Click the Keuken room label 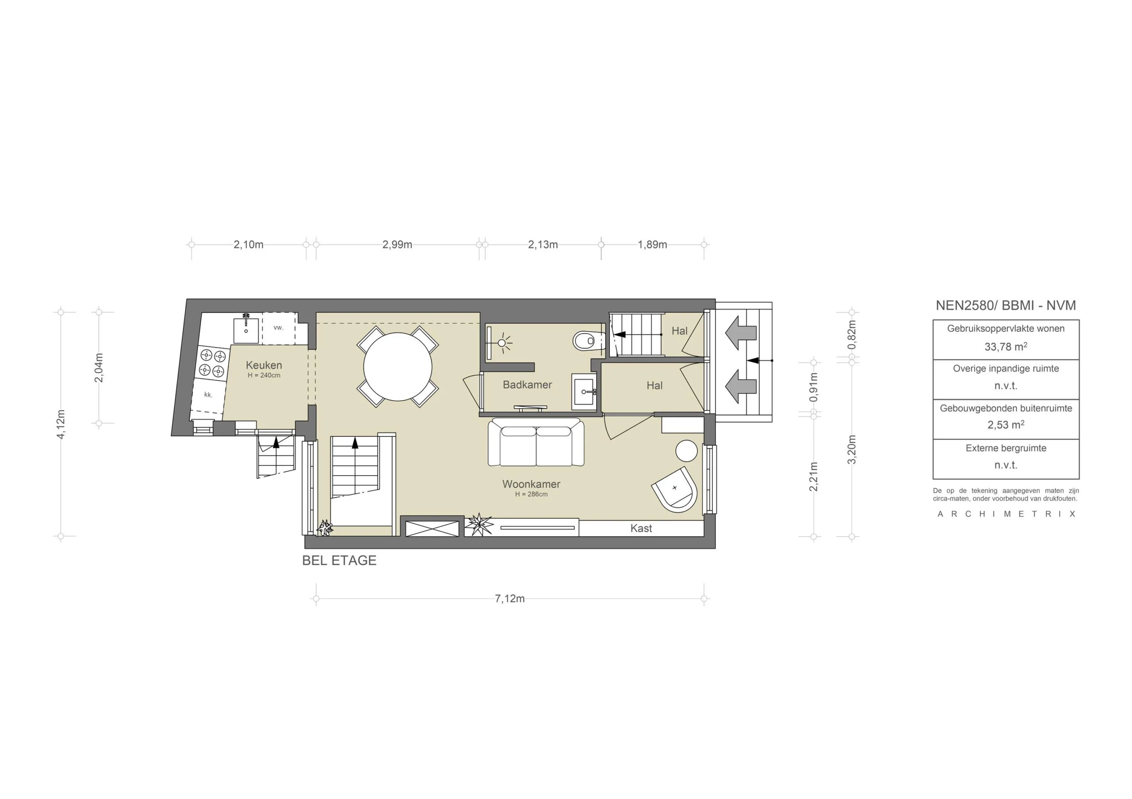[264, 365]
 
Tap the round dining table [398, 367]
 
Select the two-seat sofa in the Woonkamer [536, 443]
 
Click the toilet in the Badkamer [587, 341]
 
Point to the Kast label [641, 529]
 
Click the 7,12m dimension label [509, 598]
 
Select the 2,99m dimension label [397, 244]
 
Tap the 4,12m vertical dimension [61, 424]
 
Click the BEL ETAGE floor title [339, 560]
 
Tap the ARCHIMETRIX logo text [1006, 514]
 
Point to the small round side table [686, 451]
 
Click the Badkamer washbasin [584, 392]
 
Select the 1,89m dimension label [652, 244]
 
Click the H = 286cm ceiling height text [531, 494]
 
